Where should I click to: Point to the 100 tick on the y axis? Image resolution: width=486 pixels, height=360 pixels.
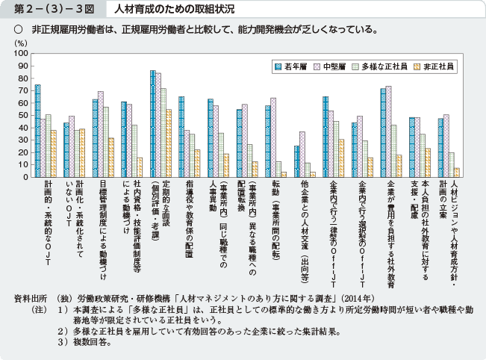[x=22, y=54]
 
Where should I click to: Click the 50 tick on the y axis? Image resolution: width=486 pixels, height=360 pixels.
[x=23, y=116]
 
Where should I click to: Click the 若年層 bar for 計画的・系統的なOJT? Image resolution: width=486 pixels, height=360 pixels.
[x=38, y=131]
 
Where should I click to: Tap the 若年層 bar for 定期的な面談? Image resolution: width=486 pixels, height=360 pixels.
[x=153, y=124]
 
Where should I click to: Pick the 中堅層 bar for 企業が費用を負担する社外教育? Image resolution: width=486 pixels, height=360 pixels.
[x=388, y=131]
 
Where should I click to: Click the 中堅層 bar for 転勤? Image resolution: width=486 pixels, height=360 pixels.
[x=273, y=137]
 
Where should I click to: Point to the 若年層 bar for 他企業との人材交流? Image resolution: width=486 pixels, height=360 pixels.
[x=296, y=162]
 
